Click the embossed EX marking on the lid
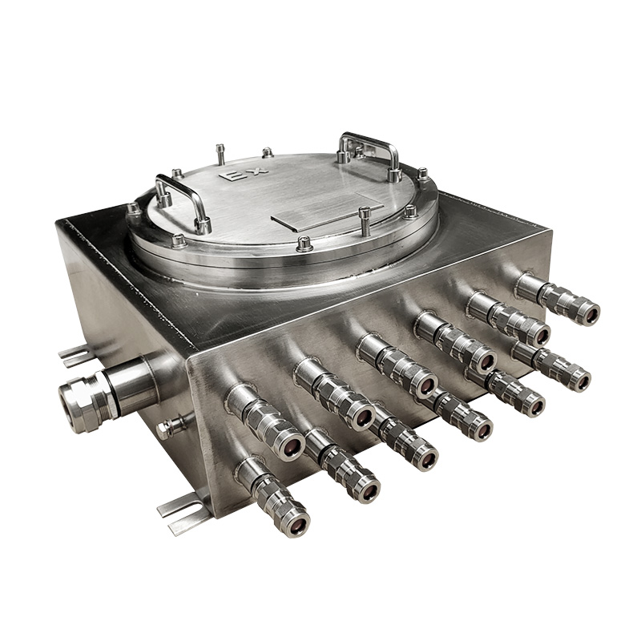244,174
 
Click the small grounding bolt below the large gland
171,426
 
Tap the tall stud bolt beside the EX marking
221,153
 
